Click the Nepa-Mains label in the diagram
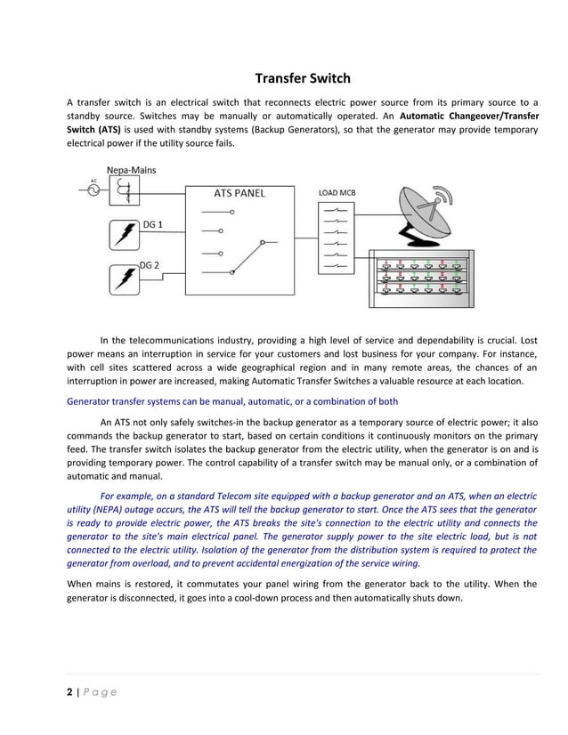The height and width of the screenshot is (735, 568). pos(132,170)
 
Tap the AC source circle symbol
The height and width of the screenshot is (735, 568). pos(93,190)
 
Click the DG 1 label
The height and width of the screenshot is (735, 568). pos(152,224)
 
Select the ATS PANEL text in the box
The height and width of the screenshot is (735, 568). pos(239,192)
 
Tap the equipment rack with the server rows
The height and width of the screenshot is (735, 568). pos(422,277)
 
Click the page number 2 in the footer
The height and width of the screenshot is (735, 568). pos(71,692)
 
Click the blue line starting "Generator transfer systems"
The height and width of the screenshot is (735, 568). pos(232,401)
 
